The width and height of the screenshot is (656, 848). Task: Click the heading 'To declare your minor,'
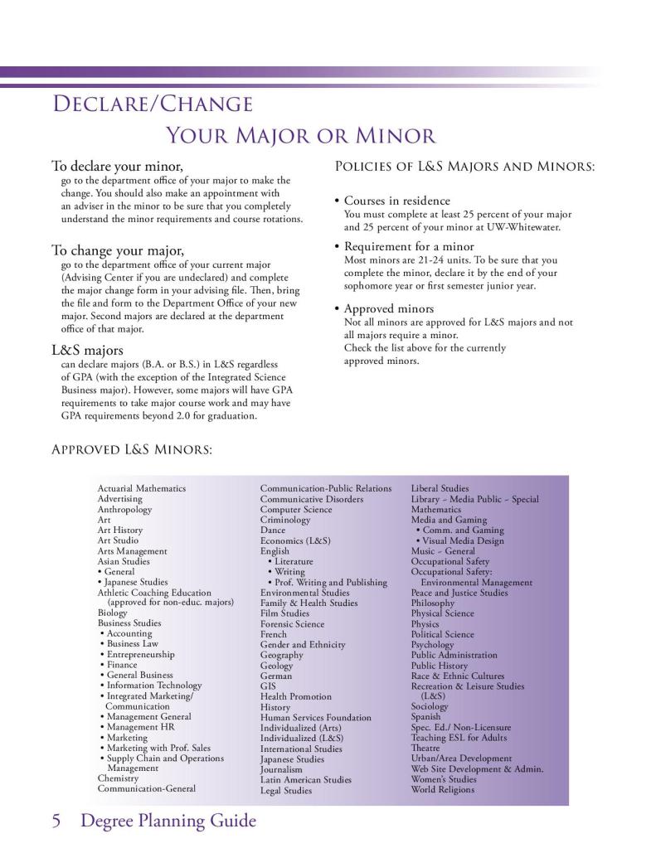[117, 166]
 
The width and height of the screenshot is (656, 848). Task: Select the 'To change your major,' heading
[118, 250]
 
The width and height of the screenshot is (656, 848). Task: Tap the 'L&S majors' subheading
[87, 350]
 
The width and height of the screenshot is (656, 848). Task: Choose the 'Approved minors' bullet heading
[388, 308]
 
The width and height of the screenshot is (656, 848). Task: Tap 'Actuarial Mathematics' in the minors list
[141, 489]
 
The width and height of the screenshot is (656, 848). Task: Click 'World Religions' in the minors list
[443, 789]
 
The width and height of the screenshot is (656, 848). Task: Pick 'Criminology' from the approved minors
[284, 520]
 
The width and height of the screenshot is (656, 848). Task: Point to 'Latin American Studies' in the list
[305, 779]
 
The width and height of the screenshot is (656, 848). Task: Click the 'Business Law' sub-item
[132, 644]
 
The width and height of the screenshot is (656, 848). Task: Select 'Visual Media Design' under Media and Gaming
[463, 540]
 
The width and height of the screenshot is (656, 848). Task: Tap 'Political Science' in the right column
[443, 634]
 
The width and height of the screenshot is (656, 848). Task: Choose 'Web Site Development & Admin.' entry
[477, 768]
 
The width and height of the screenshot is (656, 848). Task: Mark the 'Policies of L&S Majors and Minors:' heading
[464, 167]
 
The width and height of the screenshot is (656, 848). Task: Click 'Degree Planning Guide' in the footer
[168, 821]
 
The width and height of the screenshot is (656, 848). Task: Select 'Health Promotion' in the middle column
[295, 696]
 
